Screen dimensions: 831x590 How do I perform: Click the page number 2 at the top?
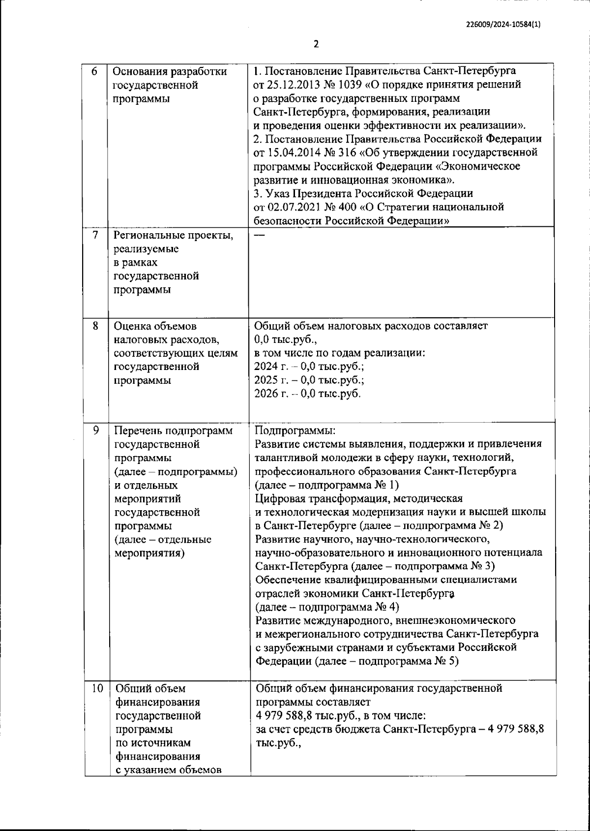click(x=316, y=44)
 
